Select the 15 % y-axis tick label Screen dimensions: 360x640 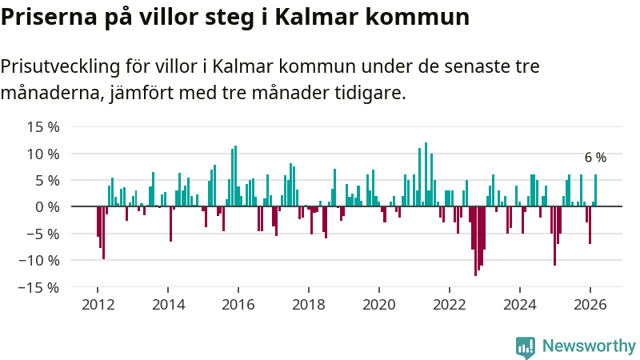pyautogui.click(x=43, y=126)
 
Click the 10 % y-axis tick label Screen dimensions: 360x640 pyautogui.click(x=43, y=154)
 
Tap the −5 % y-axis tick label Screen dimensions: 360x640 pyautogui.click(x=43, y=234)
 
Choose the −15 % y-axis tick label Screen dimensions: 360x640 pyautogui.click(x=39, y=286)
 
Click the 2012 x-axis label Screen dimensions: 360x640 pyautogui.click(x=98, y=304)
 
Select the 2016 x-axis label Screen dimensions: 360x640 pyautogui.click(x=238, y=304)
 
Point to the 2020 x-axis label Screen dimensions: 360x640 pyautogui.click(x=379, y=304)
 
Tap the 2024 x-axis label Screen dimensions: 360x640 pyautogui.click(x=520, y=304)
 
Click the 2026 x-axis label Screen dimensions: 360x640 pyautogui.click(x=590, y=304)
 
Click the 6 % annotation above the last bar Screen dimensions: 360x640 pyautogui.click(x=595, y=158)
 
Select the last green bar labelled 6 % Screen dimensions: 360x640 pyautogui.click(x=595, y=190)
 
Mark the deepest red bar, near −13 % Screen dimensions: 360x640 pyautogui.click(x=475, y=241)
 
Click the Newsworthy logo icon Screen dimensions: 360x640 pyautogui.click(x=526, y=346)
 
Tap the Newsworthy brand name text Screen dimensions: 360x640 pyautogui.click(x=589, y=346)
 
